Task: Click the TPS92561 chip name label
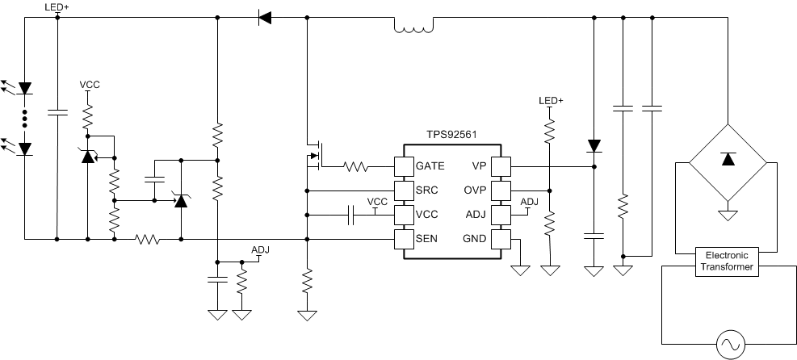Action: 451,138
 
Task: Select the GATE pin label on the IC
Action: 430,167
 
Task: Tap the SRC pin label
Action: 427,191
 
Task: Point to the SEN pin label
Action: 427,239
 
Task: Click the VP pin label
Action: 479,167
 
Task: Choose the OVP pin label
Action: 475,191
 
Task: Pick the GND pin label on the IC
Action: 474,239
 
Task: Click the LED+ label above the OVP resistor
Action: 551,101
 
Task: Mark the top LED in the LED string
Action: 25,87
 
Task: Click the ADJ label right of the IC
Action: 529,202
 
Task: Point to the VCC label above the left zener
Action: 90,84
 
